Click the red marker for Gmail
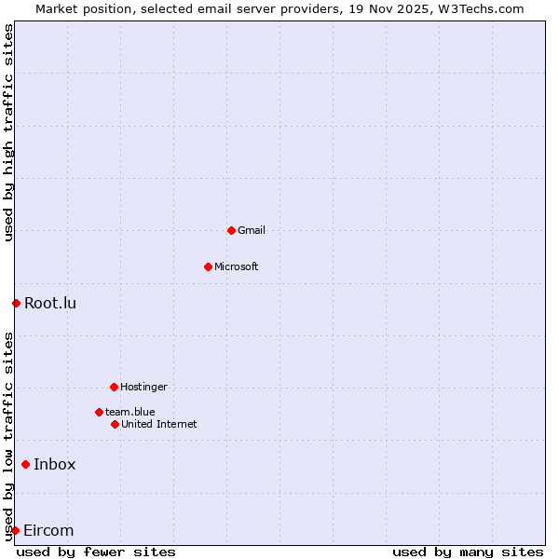click(231, 230)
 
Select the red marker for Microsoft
click(208, 266)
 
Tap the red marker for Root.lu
click(16, 303)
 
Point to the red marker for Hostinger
click(114, 387)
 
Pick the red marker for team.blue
click(99, 412)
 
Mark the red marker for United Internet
click(115, 424)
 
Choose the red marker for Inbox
click(25, 464)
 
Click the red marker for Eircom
click(15, 530)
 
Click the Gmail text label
click(252, 230)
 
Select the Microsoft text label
click(237, 266)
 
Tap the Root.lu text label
click(50, 303)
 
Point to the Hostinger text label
click(144, 387)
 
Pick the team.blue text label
click(130, 412)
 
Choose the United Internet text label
click(159, 424)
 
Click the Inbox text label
click(55, 464)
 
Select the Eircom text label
click(48, 530)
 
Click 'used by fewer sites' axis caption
click(96, 552)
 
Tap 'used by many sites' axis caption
click(468, 552)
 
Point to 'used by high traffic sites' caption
click(8, 132)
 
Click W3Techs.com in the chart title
click(481, 8)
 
